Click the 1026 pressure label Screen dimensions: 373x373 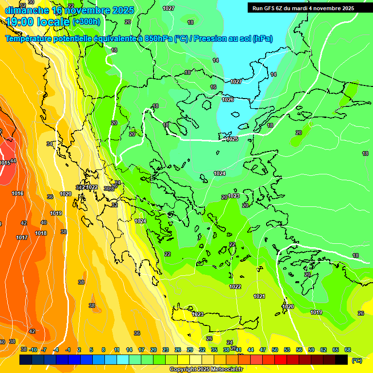(x=228, y=100)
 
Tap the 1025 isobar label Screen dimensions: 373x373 (x=232, y=139)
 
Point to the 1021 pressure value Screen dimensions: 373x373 (x=259, y=296)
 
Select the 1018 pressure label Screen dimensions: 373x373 (x=41, y=233)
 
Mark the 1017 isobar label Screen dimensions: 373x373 (x=22, y=237)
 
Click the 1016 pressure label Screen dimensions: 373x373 (x=17, y=193)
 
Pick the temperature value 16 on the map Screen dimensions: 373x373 (x=213, y=87)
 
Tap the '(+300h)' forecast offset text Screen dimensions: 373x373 (x=86, y=22)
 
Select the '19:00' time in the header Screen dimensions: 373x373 (x=19, y=22)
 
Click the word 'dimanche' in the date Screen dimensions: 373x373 (x=27, y=10)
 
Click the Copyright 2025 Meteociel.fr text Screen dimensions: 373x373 (x=206, y=370)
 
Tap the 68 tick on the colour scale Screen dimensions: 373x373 (x=348, y=350)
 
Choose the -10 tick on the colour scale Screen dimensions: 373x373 (x=33, y=350)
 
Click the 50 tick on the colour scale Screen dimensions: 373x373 (x=275, y=350)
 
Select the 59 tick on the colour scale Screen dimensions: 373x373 (x=311, y=350)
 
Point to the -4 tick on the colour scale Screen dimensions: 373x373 (x=56, y=350)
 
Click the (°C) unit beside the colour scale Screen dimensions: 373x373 (x=357, y=360)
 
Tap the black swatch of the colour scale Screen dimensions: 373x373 (x=341, y=360)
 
